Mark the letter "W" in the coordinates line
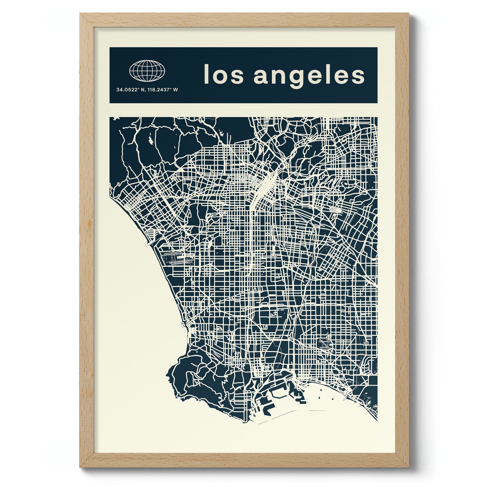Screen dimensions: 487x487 tap(176, 90)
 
